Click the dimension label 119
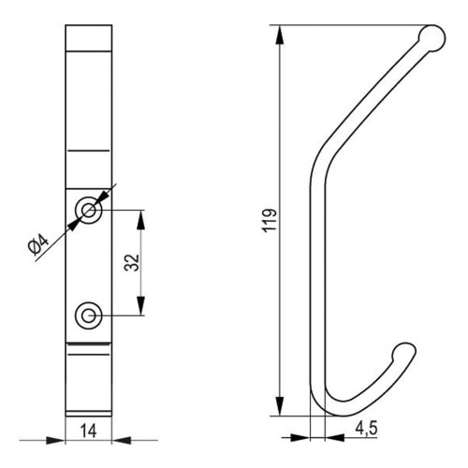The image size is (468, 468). tap(271, 220)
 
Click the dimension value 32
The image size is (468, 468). tap(132, 263)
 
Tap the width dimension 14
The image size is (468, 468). tap(89, 431)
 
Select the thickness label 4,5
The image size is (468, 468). tap(366, 428)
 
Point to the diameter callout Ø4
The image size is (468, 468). tap(38, 245)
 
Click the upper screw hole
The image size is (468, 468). tap(89, 211)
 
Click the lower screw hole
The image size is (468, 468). tap(89, 315)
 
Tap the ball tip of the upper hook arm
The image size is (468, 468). tap(432, 38)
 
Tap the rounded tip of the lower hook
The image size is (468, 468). tap(404, 354)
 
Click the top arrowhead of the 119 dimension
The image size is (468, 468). tap(280, 35)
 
